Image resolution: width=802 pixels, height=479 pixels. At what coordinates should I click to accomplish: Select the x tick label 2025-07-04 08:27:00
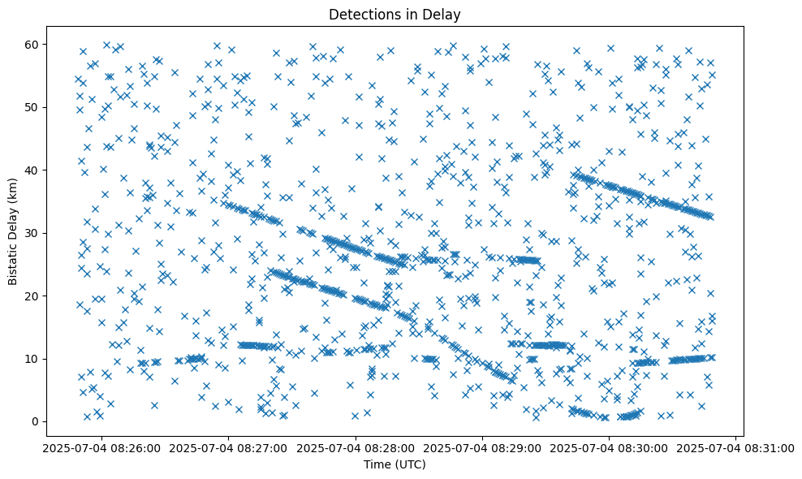point(228,448)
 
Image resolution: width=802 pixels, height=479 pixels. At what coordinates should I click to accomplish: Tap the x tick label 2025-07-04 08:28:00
point(356,448)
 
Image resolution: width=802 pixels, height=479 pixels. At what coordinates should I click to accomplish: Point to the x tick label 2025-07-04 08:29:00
point(483,448)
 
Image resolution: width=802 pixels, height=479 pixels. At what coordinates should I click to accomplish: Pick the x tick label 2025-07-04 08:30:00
point(610,448)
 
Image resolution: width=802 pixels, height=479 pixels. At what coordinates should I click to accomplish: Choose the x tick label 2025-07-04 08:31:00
point(736,448)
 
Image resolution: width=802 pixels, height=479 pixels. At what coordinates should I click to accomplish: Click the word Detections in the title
point(359,15)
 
